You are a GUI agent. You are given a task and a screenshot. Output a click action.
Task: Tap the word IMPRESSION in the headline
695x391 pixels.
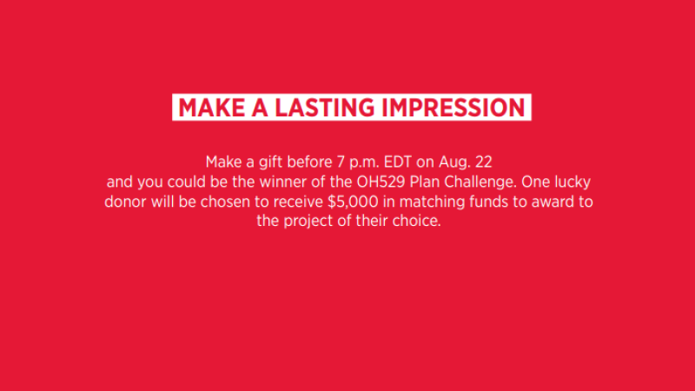click(x=453, y=108)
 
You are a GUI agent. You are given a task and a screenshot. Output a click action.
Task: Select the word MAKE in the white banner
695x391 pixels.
click(x=211, y=108)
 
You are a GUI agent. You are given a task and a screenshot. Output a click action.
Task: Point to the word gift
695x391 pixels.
click(x=271, y=162)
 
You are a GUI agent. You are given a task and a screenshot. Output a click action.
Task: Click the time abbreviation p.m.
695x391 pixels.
click(x=364, y=162)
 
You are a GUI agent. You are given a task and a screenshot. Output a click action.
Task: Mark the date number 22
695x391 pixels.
click(x=484, y=162)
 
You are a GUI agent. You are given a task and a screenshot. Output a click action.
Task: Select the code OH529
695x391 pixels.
click(x=381, y=182)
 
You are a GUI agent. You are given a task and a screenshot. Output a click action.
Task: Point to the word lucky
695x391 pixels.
click(x=573, y=182)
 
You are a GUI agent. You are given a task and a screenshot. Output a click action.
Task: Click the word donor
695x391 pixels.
click(x=125, y=202)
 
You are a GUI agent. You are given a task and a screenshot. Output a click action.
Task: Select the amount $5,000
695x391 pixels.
click(x=353, y=202)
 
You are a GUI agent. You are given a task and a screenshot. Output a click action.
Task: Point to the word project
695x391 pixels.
click(x=308, y=222)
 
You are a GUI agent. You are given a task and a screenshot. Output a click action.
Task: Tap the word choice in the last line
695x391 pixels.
click(x=417, y=221)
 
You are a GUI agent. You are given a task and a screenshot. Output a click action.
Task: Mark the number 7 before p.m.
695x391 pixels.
click(x=341, y=162)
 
